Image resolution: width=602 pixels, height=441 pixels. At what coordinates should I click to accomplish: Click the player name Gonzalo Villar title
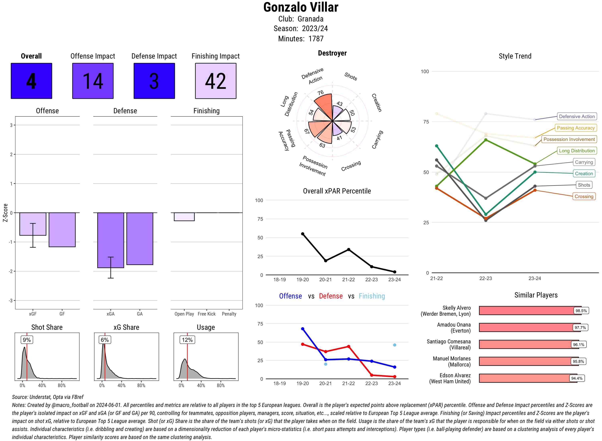[301, 7]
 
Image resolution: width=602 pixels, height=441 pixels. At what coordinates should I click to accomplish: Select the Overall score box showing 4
[31, 81]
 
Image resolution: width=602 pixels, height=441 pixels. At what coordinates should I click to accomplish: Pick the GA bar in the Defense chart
[140, 239]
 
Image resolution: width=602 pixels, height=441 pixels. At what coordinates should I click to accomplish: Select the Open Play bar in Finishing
[184, 217]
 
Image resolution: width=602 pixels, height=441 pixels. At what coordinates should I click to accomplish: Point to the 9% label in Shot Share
[27, 340]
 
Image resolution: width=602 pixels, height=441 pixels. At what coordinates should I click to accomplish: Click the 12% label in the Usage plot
[187, 340]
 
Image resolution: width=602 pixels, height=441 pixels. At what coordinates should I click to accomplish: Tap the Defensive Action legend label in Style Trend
[577, 116]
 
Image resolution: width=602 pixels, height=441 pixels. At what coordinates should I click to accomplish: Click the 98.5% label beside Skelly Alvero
[581, 311]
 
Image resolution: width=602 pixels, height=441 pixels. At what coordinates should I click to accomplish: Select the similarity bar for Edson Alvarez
[528, 378]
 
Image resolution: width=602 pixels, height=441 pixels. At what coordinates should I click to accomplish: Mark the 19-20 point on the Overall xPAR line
[302, 234]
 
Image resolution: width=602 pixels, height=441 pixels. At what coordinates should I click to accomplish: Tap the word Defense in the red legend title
[330, 296]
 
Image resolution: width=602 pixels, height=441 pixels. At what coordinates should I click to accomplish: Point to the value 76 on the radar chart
[320, 93]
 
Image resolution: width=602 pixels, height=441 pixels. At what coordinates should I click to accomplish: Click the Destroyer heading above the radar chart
[332, 53]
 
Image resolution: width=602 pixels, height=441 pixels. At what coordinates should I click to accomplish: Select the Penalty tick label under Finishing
[229, 314]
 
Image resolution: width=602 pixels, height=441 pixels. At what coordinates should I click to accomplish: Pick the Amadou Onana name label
[454, 328]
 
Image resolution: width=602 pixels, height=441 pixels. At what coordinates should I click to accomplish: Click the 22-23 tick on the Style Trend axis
[485, 278]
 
